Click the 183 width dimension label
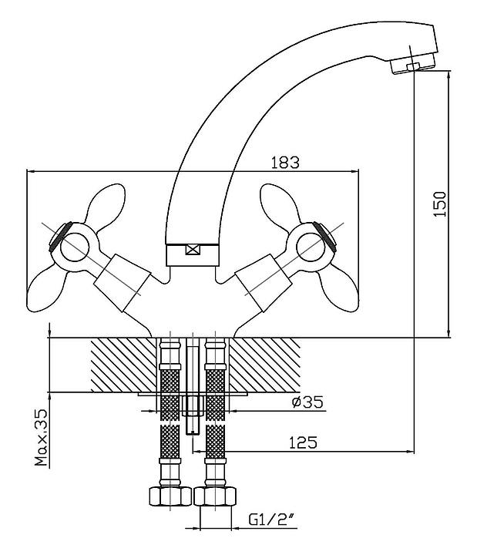click(x=285, y=163)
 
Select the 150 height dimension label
click(x=440, y=204)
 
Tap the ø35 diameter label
click(x=307, y=402)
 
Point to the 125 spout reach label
click(x=303, y=442)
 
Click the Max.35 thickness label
click(x=41, y=438)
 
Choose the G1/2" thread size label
click(x=271, y=520)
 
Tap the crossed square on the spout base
click(x=193, y=250)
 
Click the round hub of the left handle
click(x=74, y=247)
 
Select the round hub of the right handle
click(x=310, y=247)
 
